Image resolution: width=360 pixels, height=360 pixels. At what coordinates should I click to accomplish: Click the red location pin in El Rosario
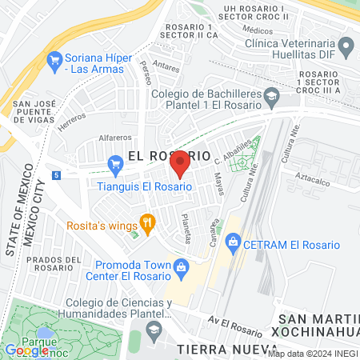[180, 162]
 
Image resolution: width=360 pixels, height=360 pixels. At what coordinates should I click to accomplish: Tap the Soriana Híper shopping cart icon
[54, 58]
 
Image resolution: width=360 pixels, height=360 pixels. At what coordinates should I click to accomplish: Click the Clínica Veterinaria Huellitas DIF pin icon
[346, 49]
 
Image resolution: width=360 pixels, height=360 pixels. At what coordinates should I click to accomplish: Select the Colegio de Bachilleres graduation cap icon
[272, 94]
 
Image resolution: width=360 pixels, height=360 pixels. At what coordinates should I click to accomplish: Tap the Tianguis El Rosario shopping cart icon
[115, 166]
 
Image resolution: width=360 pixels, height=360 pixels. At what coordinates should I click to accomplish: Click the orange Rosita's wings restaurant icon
[146, 222]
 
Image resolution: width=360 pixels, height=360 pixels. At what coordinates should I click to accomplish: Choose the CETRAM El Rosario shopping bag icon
[233, 240]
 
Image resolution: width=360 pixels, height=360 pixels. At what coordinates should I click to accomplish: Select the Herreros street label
[71, 122]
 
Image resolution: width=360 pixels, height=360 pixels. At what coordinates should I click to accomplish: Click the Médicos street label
[254, 30]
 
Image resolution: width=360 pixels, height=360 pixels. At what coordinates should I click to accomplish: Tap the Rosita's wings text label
[101, 225]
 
